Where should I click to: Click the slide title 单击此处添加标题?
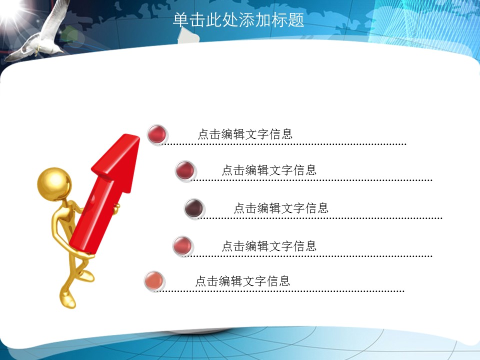(x=238, y=20)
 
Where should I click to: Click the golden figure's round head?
(x=54, y=184)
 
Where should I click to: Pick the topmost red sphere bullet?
(x=157, y=134)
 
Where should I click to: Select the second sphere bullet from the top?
(x=185, y=170)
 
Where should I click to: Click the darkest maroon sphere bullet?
(x=194, y=208)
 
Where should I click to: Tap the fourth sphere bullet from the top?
(x=182, y=246)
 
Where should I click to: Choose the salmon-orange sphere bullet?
(x=154, y=280)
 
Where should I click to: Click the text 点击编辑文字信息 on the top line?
(x=245, y=134)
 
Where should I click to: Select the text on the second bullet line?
(x=269, y=170)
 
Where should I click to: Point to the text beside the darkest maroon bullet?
(x=281, y=208)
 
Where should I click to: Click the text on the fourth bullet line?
(x=269, y=246)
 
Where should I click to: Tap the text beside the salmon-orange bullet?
(x=243, y=280)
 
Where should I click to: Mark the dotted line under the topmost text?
(x=283, y=144)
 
